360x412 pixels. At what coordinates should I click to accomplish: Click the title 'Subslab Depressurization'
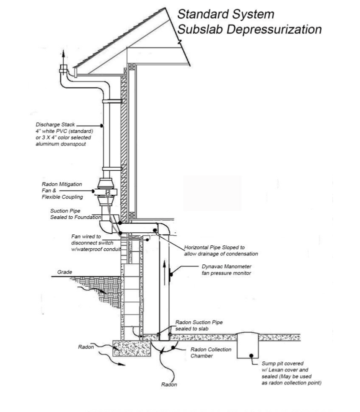click(249, 29)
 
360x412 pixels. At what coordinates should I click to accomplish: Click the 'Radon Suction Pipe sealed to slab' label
click(199, 325)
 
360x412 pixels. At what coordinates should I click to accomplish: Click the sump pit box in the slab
click(245, 345)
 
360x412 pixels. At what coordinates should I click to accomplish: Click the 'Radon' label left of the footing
click(86, 346)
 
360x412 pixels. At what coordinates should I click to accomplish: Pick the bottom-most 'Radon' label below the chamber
click(168, 384)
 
